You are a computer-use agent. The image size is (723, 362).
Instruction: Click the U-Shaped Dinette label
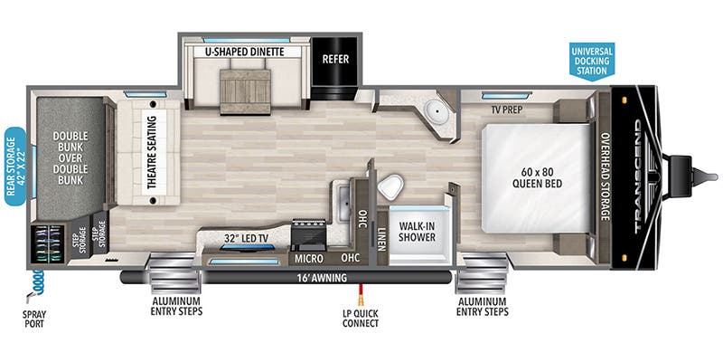coord(244,52)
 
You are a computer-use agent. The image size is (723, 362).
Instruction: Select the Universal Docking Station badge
coord(592,61)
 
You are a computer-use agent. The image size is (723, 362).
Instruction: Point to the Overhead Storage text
coord(605,176)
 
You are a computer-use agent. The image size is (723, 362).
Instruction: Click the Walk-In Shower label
coord(418,232)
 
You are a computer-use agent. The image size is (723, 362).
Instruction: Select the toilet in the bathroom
coord(390,187)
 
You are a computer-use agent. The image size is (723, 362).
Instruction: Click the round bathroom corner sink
coord(434,110)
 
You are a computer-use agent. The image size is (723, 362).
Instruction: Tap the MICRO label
coord(309,258)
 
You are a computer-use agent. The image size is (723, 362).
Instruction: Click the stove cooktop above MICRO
coord(308,234)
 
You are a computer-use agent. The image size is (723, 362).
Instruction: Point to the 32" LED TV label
coord(246,238)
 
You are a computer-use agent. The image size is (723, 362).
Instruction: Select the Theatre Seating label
coord(153,152)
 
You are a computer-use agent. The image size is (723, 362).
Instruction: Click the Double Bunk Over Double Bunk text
coord(70,157)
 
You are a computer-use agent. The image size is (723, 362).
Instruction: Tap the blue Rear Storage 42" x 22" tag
coord(15,167)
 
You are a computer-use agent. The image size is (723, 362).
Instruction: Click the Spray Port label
coord(34,319)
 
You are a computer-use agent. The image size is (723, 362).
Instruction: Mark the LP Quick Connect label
coord(361,319)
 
